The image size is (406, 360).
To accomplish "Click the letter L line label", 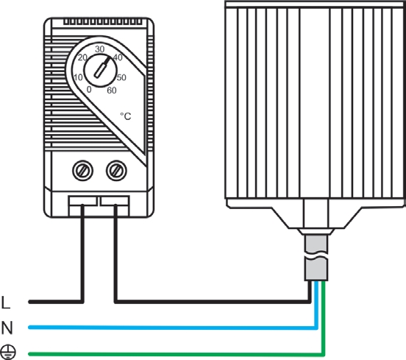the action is pyautogui.click(x=5, y=303).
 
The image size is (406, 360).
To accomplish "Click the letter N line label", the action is pyautogui.click(x=7, y=328).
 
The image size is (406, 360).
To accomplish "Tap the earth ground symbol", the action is pyautogui.click(x=8, y=352).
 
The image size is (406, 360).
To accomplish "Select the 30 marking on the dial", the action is pyautogui.click(x=100, y=49).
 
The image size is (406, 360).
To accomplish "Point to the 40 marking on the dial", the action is pyautogui.click(x=118, y=57).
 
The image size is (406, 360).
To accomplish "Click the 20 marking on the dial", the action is pyautogui.click(x=82, y=57).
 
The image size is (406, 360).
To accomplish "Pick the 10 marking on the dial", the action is pyautogui.click(x=78, y=77).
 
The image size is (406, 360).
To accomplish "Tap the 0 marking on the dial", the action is pyautogui.click(x=89, y=89).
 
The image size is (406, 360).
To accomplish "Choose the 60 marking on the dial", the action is pyautogui.click(x=112, y=91).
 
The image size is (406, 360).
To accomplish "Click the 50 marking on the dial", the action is pyautogui.click(x=121, y=77).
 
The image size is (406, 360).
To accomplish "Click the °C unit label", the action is pyautogui.click(x=126, y=116).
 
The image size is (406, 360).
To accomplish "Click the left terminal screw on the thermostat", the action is pyautogui.click(x=83, y=171).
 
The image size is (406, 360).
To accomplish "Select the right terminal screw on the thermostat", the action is pyautogui.click(x=116, y=171).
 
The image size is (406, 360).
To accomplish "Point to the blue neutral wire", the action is pyautogui.click(x=174, y=327).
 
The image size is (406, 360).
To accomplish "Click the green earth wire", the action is pyautogui.click(x=176, y=353).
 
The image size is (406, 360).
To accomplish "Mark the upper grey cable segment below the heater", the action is pyautogui.click(x=316, y=244).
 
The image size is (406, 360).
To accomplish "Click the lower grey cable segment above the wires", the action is pyautogui.click(x=316, y=269).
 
